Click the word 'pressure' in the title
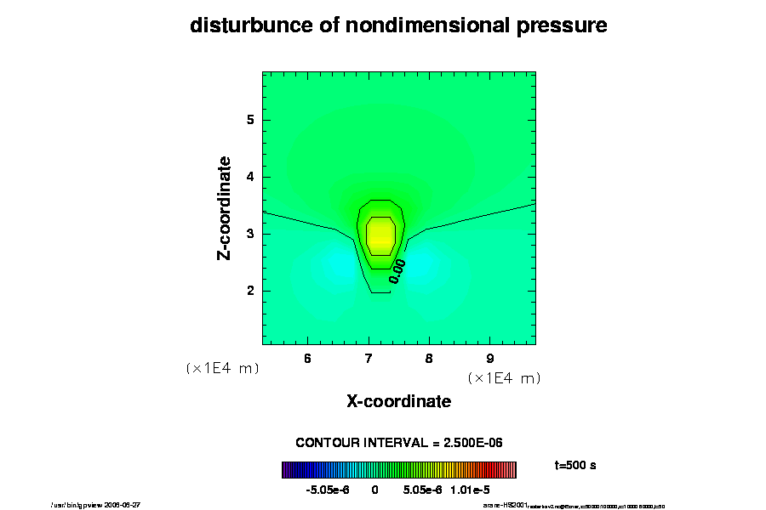560,25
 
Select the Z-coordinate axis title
225,207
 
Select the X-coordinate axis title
398,400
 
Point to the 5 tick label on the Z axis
251,120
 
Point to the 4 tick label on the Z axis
251,177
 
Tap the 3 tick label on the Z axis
251,234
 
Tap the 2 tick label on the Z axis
251,291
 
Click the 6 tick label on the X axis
307,358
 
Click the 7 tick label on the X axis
369,358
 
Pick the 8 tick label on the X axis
429,358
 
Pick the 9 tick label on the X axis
490,358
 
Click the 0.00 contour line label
397,270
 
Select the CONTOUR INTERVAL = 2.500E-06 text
398,443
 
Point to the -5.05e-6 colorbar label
328,490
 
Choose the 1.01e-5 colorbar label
470,490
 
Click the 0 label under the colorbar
374,490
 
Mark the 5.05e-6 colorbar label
420,490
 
